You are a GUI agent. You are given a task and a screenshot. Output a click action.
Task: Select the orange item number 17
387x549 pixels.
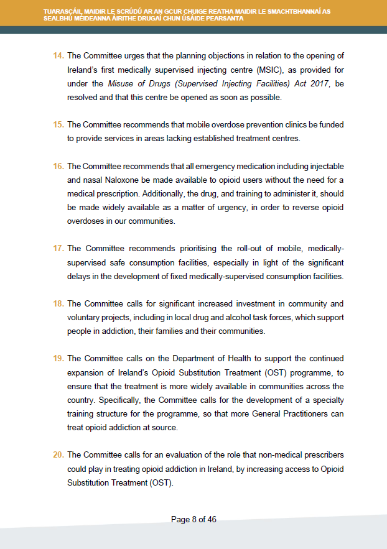(58, 249)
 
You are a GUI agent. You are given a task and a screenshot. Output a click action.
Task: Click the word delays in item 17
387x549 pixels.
(80, 276)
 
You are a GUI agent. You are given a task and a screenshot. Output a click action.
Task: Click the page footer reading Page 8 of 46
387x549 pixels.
(193, 520)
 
